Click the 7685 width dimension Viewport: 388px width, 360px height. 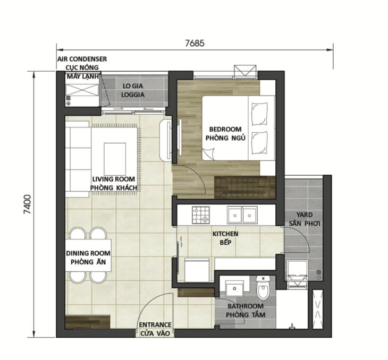point(195,43)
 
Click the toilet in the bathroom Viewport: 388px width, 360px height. point(263,290)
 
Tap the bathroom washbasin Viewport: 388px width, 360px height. point(234,288)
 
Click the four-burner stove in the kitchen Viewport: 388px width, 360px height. point(201,215)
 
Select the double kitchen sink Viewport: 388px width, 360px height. point(242,215)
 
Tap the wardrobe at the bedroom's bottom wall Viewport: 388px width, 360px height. point(245,187)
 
